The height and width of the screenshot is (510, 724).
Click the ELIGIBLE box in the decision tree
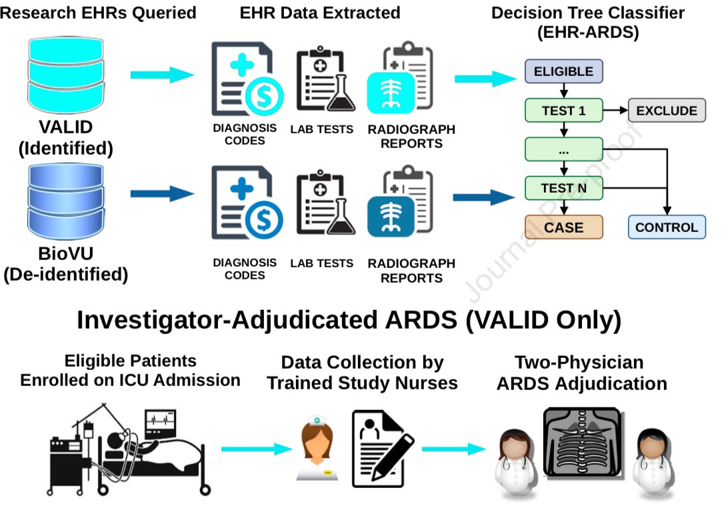(x=563, y=71)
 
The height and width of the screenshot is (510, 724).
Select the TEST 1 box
(x=563, y=111)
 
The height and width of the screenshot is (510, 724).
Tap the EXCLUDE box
(x=666, y=111)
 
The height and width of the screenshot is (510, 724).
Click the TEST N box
(x=563, y=188)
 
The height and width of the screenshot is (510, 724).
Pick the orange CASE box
(x=563, y=227)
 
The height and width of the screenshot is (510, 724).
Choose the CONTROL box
(x=666, y=227)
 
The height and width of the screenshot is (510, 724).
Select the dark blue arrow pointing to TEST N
(x=483, y=197)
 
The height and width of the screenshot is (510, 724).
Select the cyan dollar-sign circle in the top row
(x=263, y=97)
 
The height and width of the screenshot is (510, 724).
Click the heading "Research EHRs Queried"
(x=99, y=12)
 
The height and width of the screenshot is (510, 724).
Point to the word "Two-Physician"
(x=579, y=363)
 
